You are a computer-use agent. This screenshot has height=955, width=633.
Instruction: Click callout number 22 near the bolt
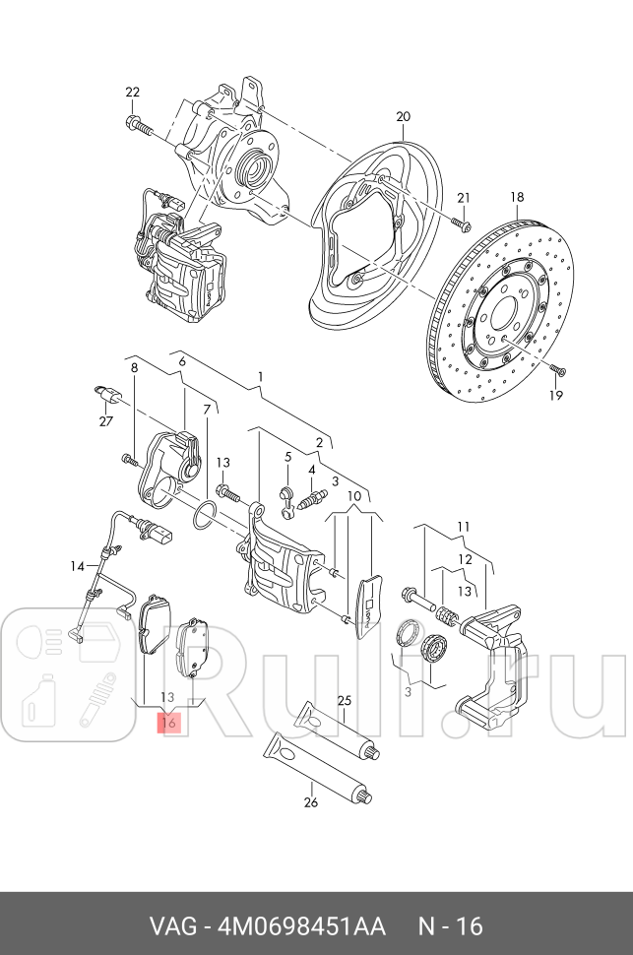point(133,93)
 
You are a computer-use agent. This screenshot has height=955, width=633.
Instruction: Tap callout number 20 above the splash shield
point(403,117)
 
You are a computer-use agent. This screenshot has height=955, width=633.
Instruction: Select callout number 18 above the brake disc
point(517,197)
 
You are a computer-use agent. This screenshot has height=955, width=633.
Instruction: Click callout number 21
point(464,197)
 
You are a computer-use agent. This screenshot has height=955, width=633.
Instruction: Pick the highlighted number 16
point(168,723)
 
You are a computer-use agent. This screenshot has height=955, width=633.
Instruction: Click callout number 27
point(104,421)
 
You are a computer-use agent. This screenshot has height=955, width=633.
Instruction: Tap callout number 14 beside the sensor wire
point(76,565)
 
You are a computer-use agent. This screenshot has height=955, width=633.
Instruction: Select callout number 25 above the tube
point(344,701)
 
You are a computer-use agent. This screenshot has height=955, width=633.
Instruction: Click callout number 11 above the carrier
point(463,526)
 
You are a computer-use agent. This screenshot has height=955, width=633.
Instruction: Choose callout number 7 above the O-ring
point(207,409)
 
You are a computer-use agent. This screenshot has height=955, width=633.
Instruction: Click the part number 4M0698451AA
point(295,926)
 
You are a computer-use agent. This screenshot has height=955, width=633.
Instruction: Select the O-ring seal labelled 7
point(202,515)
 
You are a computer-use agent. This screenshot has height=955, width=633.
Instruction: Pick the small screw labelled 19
point(558,371)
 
